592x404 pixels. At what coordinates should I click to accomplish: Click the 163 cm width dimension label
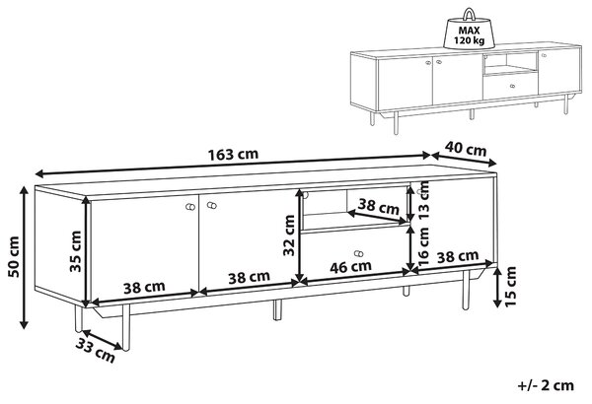(x=233, y=155)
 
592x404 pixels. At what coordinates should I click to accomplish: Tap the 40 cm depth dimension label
(x=466, y=149)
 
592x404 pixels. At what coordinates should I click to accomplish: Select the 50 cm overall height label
(x=14, y=257)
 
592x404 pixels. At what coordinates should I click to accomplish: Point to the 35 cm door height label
(x=76, y=251)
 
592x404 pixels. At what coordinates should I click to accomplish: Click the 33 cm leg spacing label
(x=95, y=351)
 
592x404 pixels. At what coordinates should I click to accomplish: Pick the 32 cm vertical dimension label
(x=289, y=236)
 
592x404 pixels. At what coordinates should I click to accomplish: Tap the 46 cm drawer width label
(x=350, y=267)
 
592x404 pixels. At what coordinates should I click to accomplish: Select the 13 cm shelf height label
(x=423, y=202)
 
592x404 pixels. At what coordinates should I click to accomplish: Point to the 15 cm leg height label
(x=510, y=287)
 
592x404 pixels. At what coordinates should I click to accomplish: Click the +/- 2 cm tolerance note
(x=546, y=385)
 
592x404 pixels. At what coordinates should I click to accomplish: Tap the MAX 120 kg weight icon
(x=469, y=31)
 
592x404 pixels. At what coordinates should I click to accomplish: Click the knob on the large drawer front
(x=358, y=253)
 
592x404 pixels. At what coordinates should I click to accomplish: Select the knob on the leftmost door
(x=190, y=207)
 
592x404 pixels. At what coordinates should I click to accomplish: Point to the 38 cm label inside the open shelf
(x=378, y=206)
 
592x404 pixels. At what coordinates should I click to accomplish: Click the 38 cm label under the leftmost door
(x=144, y=288)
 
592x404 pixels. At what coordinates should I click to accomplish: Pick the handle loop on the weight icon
(x=469, y=14)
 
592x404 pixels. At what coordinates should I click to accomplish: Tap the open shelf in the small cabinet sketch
(x=510, y=63)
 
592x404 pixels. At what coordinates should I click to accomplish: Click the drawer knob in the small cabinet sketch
(x=512, y=86)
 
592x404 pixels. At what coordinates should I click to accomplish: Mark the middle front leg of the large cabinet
(x=277, y=310)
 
